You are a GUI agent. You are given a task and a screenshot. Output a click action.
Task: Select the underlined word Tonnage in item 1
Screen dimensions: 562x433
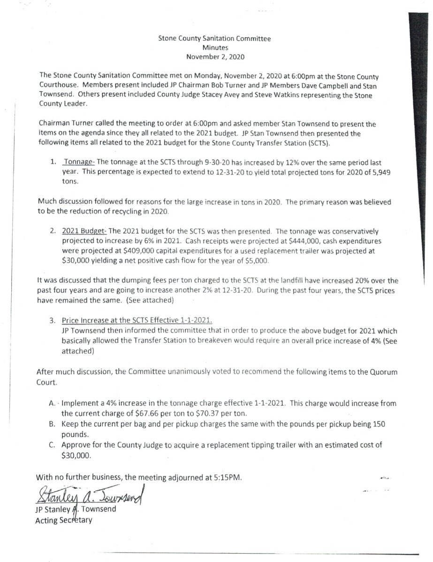pos(79,162)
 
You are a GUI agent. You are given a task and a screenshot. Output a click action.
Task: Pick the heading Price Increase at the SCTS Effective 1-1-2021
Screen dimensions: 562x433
pos(137,320)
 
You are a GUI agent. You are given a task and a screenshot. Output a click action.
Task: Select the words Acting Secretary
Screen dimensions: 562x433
pos(64,519)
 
